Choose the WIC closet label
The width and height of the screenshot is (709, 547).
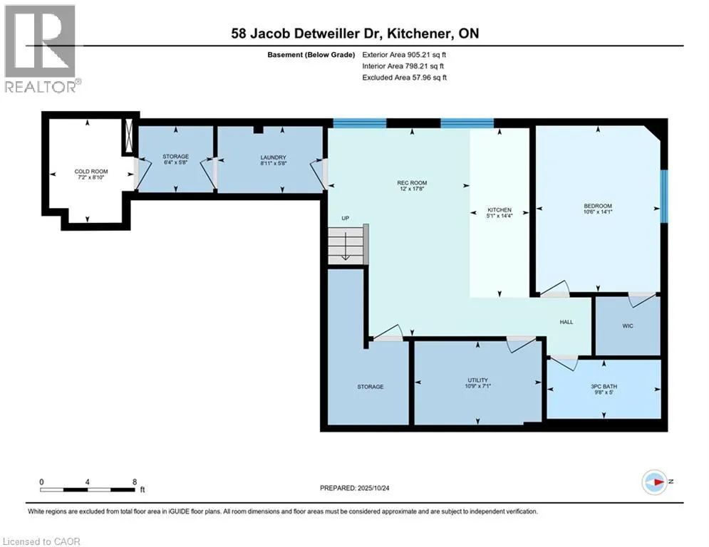[x=628, y=326]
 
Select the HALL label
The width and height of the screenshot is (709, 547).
[x=566, y=322]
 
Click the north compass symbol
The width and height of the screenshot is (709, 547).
[x=655, y=482]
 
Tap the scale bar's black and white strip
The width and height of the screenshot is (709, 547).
[x=87, y=489]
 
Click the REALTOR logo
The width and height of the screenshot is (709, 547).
[x=41, y=49]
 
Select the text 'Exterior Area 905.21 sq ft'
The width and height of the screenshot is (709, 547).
[x=404, y=55]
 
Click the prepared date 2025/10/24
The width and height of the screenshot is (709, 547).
[x=373, y=488]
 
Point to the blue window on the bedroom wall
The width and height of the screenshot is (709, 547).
[x=664, y=196]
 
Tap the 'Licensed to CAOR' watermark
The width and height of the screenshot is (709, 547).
[x=41, y=541]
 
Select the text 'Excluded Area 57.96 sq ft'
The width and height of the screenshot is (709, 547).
[x=404, y=78]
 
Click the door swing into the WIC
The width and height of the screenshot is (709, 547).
[x=641, y=299]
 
